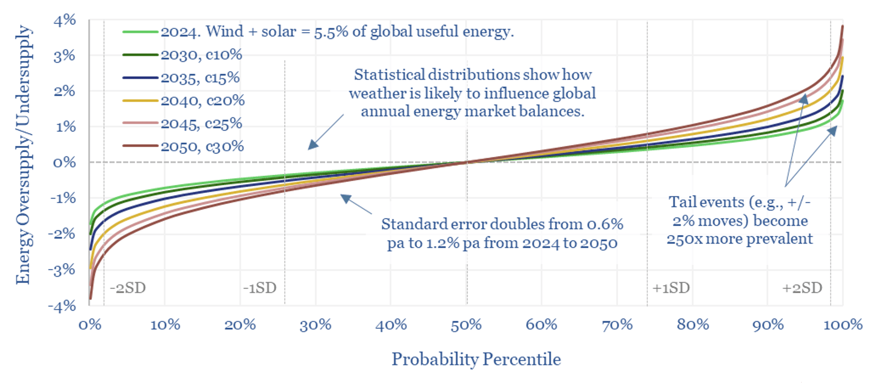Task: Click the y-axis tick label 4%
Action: click(x=64, y=20)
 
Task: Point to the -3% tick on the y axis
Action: click(x=62, y=269)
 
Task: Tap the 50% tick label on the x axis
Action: click(x=466, y=325)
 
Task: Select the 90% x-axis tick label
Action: click(x=768, y=325)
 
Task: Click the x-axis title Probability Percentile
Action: click(x=476, y=359)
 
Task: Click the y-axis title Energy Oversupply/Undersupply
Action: click(x=23, y=154)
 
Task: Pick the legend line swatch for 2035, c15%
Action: click(x=141, y=78)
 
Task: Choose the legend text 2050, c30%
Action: click(x=202, y=147)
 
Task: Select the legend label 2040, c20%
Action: click(x=203, y=101)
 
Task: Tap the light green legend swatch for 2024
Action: click(x=141, y=32)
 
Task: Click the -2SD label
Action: click(x=128, y=288)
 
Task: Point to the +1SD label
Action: click(x=671, y=288)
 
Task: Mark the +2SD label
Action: click(x=802, y=288)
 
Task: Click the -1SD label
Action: click(x=260, y=288)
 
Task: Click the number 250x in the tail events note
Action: click(x=682, y=239)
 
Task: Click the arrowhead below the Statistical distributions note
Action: click(x=312, y=145)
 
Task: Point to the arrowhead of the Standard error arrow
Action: click(x=345, y=198)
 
